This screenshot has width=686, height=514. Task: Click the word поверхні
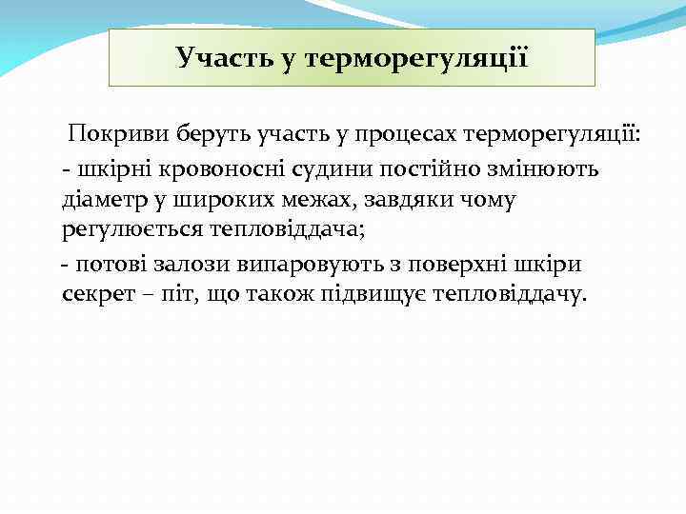coord(457,264)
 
